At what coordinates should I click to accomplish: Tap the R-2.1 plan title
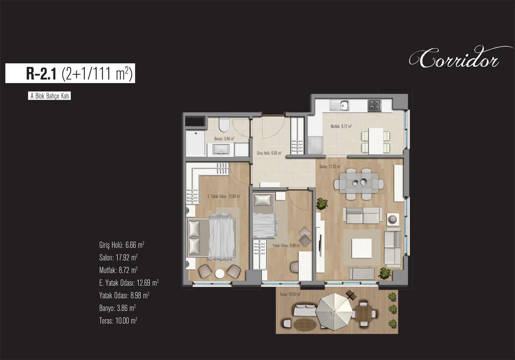[79, 74]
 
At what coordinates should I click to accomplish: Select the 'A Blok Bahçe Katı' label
[49, 96]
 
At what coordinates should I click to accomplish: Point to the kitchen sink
[339, 105]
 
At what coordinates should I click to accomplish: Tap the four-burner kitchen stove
[374, 105]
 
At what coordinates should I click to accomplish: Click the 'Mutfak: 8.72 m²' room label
[341, 126]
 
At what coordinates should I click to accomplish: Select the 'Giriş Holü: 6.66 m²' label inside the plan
[269, 153]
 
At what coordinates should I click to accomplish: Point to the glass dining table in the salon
[359, 184]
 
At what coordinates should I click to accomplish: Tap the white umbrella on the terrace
[334, 312]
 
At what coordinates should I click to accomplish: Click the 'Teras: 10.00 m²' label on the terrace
[290, 294]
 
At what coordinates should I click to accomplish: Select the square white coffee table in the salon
[362, 248]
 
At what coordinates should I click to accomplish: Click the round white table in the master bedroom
[219, 274]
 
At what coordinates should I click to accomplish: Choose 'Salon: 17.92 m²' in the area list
[118, 257]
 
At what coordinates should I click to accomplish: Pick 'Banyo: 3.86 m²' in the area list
[117, 308]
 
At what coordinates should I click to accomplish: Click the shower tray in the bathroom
[196, 143]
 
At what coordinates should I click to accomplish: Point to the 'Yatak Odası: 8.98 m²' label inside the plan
[286, 246]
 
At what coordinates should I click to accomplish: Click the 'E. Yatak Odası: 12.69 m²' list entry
[129, 283]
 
